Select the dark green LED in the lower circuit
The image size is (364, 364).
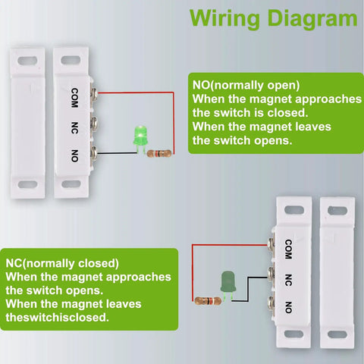(227, 282)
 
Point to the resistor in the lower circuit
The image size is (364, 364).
(207, 300)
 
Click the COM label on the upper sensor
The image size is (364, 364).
(75, 96)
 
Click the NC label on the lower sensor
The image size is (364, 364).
(289, 277)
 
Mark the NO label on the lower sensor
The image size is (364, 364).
(289, 306)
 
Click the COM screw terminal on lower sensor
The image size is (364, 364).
(271, 245)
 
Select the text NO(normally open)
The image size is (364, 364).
(246, 85)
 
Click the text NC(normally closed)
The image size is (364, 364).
(62, 263)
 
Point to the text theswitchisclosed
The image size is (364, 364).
(57, 317)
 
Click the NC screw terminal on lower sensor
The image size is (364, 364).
(271, 274)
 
